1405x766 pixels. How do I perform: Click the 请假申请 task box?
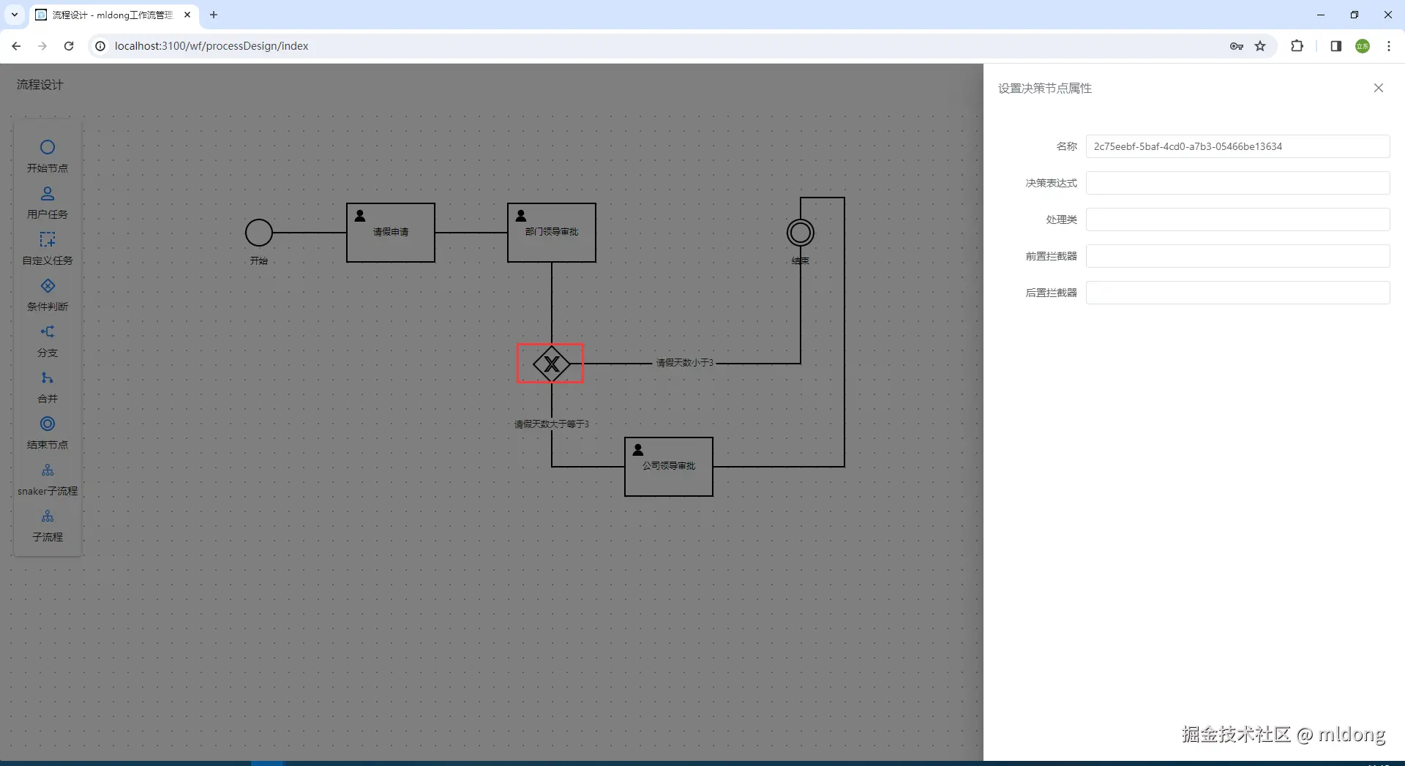pyautogui.click(x=390, y=233)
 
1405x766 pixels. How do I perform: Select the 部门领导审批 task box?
pyautogui.click(x=551, y=233)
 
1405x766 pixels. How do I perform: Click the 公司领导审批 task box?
pyautogui.click(x=668, y=467)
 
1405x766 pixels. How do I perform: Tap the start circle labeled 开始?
pyautogui.click(x=258, y=233)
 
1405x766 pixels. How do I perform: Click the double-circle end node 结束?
pyautogui.click(x=800, y=233)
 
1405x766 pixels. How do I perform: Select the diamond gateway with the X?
pyautogui.click(x=551, y=364)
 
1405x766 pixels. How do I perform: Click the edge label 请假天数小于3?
pyautogui.click(x=684, y=363)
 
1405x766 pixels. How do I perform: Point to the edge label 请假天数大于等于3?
pyautogui.click(x=551, y=424)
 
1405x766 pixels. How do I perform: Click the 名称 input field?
pyautogui.click(x=1237, y=146)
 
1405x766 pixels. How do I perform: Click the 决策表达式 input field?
pyautogui.click(x=1237, y=183)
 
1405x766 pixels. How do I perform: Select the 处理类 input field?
pyautogui.click(x=1237, y=219)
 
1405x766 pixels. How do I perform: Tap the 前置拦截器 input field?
pyautogui.click(x=1237, y=256)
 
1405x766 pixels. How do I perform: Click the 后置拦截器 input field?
pyautogui.click(x=1237, y=293)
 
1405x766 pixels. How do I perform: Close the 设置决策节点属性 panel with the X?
pyautogui.click(x=1378, y=88)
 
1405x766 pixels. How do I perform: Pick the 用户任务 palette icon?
pyautogui.click(x=48, y=194)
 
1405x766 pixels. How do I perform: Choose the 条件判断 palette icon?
pyautogui.click(x=48, y=286)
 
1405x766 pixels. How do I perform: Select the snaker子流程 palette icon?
pyautogui.click(x=48, y=470)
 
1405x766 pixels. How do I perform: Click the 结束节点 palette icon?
pyautogui.click(x=48, y=424)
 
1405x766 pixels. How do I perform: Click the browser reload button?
pyautogui.click(x=69, y=46)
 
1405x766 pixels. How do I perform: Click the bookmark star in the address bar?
pyautogui.click(x=1260, y=46)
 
